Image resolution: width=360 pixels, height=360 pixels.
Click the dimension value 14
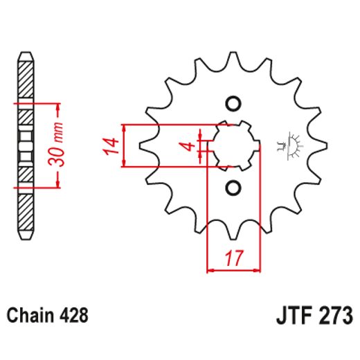(108, 147)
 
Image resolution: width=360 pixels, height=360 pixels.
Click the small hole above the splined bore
(233, 104)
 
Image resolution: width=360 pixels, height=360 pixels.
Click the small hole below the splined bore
(233, 188)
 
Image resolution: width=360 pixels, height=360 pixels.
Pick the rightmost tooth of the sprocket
(321, 146)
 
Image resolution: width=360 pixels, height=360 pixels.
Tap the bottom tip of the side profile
(24, 235)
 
